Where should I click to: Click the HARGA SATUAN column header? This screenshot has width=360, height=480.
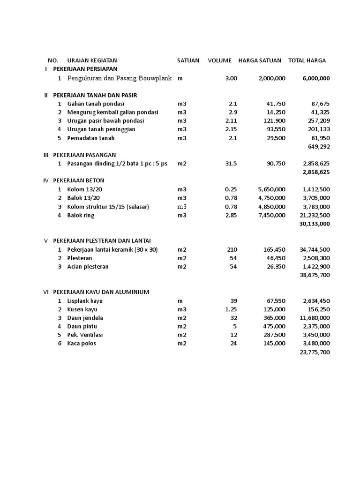(x=260, y=60)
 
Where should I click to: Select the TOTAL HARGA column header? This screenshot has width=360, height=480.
(x=307, y=60)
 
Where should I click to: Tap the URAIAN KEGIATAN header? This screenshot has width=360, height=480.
(x=92, y=60)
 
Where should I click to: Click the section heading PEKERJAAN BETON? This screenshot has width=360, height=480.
(x=79, y=180)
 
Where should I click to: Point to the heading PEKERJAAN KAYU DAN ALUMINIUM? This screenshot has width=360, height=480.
(x=101, y=292)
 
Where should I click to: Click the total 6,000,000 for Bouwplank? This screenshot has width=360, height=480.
(x=316, y=78)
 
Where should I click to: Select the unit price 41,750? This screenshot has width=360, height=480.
(x=275, y=104)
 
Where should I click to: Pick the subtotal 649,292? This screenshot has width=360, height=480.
(x=319, y=146)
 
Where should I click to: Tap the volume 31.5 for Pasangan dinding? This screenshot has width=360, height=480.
(x=231, y=164)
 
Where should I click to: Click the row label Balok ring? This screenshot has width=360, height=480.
(x=81, y=215)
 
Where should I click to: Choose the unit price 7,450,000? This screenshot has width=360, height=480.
(x=271, y=215)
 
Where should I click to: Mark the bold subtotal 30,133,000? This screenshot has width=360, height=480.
(x=314, y=224)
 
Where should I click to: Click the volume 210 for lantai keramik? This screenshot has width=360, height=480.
(x=232, y=250)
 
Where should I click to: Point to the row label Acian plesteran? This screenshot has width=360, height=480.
(x=88, y=267)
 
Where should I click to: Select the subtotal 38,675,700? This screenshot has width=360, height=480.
(x=314, y=275)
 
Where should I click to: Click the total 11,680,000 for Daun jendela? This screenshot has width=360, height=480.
(x=314, y=318)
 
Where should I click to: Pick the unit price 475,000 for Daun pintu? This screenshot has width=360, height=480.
(x=274, y=326)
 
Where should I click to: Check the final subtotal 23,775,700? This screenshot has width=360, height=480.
(x=314, y=352)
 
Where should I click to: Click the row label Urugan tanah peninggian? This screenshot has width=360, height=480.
(x=101, y=129)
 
